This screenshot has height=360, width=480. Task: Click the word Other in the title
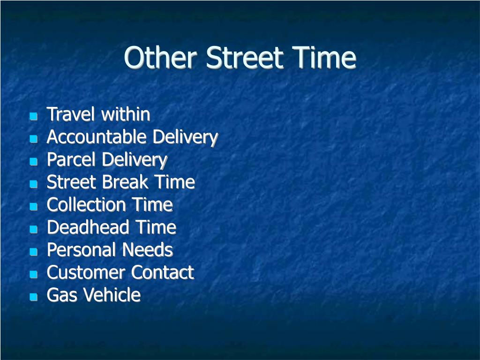pos(160,57)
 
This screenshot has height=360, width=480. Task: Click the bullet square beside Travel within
pos(33,116)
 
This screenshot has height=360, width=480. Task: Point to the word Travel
pos(70,114)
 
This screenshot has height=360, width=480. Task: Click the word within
pos(126,114)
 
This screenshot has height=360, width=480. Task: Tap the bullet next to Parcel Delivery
pos(33,161)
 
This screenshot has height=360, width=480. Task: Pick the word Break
pos(126,182)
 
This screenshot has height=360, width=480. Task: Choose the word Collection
pos(86,204)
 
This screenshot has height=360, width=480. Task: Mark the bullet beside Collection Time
pos(33,206)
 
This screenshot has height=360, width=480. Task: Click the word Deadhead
pos(88,227)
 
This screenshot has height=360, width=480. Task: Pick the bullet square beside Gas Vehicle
pos(33,297)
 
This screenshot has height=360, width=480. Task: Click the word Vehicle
pos(112,295)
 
